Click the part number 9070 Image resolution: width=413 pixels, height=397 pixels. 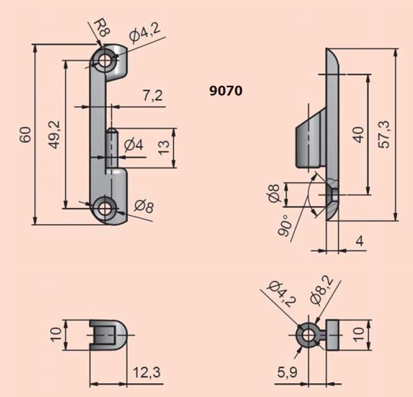pyautogui.click(x=225, y=91)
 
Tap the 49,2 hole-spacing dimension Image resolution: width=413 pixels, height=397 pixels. pyautogui.click(x=56, y=135)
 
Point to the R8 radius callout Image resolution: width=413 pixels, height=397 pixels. pyautogui.click(x=101, y=28)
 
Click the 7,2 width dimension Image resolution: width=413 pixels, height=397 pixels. pyautogui.click(x=153, y=95)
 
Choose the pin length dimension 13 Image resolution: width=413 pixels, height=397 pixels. pyautogui.click(x=163, y=148)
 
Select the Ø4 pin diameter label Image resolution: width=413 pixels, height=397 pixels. pyautogui.click(x=134, y=145)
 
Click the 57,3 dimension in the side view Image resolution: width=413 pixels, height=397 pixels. pyautogui.click(x=385, y=135)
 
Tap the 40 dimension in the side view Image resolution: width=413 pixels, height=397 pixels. pyautogui.click(x=359, y=135)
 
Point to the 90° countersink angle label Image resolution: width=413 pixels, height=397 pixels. pyautogui.click(x=285, y=225)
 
